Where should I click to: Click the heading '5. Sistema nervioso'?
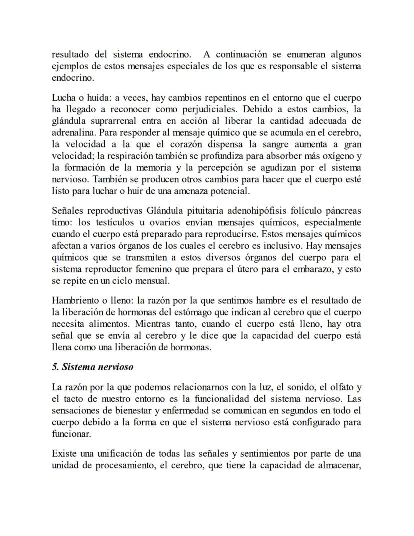tap(93, 366)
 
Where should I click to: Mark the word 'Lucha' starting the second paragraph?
tap(63, 97)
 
